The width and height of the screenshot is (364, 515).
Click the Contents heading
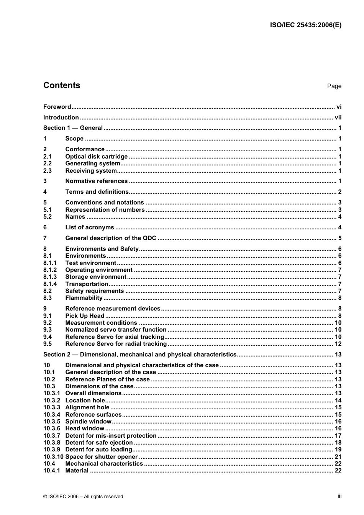tap(62, 85)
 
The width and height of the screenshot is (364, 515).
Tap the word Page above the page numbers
tap(334, 86)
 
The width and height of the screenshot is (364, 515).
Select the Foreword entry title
tap(57, 107)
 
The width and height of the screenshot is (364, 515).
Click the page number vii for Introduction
tap(338, 118)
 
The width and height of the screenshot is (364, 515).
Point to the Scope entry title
tap(74, 139)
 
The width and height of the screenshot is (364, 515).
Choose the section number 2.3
tap(48, 171)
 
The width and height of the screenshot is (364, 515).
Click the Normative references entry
tap(96, 181)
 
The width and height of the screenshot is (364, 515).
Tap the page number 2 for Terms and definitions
tap(339, 192)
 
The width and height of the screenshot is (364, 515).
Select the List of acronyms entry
tap(90, 227)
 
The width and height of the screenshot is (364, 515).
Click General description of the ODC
tap(111, 238)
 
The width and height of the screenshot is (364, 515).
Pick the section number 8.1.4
tap(50, 284)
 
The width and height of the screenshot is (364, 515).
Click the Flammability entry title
tap(84, 298)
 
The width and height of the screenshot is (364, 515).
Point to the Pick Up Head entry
tap(85, 316)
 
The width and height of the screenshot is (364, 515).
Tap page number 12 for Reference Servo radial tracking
tap(338, 344)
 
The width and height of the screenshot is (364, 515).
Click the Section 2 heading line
tap(139, 355)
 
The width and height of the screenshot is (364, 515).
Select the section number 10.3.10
tap(53, 457)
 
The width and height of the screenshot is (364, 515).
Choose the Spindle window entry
tap(88, 422)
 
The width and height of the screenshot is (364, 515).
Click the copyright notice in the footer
tap(83, 497)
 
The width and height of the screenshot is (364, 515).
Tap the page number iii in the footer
tap(339, 496)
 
